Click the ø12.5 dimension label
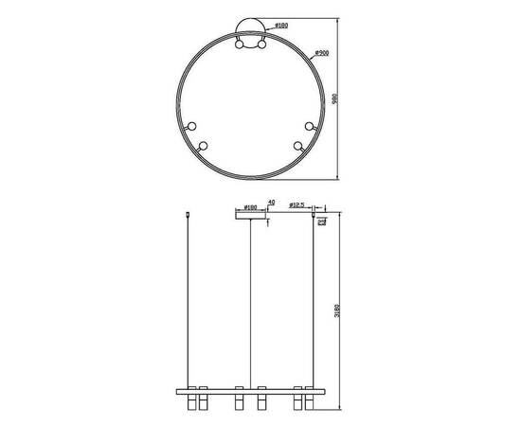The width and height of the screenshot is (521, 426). click(x=298, y=204)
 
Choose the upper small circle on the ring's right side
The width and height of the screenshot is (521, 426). click(x=310, y=125)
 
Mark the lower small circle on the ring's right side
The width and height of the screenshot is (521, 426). click(x=297, y=146)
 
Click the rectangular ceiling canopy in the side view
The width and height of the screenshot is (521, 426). click(x=250, y=214)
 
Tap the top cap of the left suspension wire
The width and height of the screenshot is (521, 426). click(x=189, y=215)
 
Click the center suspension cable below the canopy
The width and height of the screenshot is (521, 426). click(x=251, y=303)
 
